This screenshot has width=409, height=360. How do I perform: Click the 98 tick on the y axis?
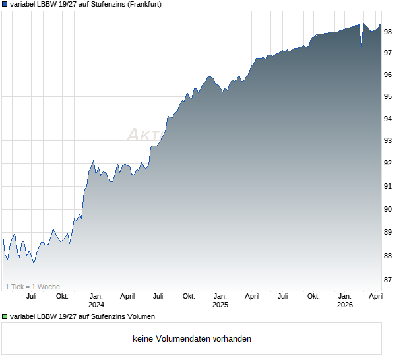pyautogui.click(x=389, y=32)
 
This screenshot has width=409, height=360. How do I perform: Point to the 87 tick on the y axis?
pyautogui.click(x=389, y=280)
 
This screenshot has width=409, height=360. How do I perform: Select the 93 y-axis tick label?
pyautogui.click(x=389, y=141)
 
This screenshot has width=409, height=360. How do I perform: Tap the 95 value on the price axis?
pyautogui.click(x=389, y=97)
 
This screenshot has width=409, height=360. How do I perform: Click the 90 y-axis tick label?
pyautogui.click(x=389, y=210)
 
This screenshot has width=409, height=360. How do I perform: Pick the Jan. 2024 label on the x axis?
pyautogui.click(x=96, y=300)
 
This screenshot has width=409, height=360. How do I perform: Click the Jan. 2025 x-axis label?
pyautogui.click(x=220, y=300)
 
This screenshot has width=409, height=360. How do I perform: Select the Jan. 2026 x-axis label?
pyautogui.click(x=345, y=300)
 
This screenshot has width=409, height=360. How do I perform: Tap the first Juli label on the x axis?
pyautogui.click(x=31, y=296)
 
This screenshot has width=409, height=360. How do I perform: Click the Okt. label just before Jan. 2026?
pyautogui.click(x=314, y=296)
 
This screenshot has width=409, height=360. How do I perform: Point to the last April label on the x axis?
pyautogui.click(x=375, y=296)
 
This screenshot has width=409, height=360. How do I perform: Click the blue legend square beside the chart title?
pyautogui.click(x=5, y=4)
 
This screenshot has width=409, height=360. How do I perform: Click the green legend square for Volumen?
pyautogui.click(x=5, y=317)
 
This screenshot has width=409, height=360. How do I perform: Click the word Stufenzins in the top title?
pyautogui.click(x=96, y=4)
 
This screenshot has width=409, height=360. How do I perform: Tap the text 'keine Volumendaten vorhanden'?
pyautogui.click(x=192, y=339)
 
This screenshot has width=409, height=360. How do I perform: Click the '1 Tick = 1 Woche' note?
pyautogui.click(x=32, y=287)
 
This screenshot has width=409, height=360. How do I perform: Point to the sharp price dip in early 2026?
pyautogui.click(x=361, y=44)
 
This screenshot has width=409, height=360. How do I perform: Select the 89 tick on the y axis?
pyautogui.click(x=389, y=233)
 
